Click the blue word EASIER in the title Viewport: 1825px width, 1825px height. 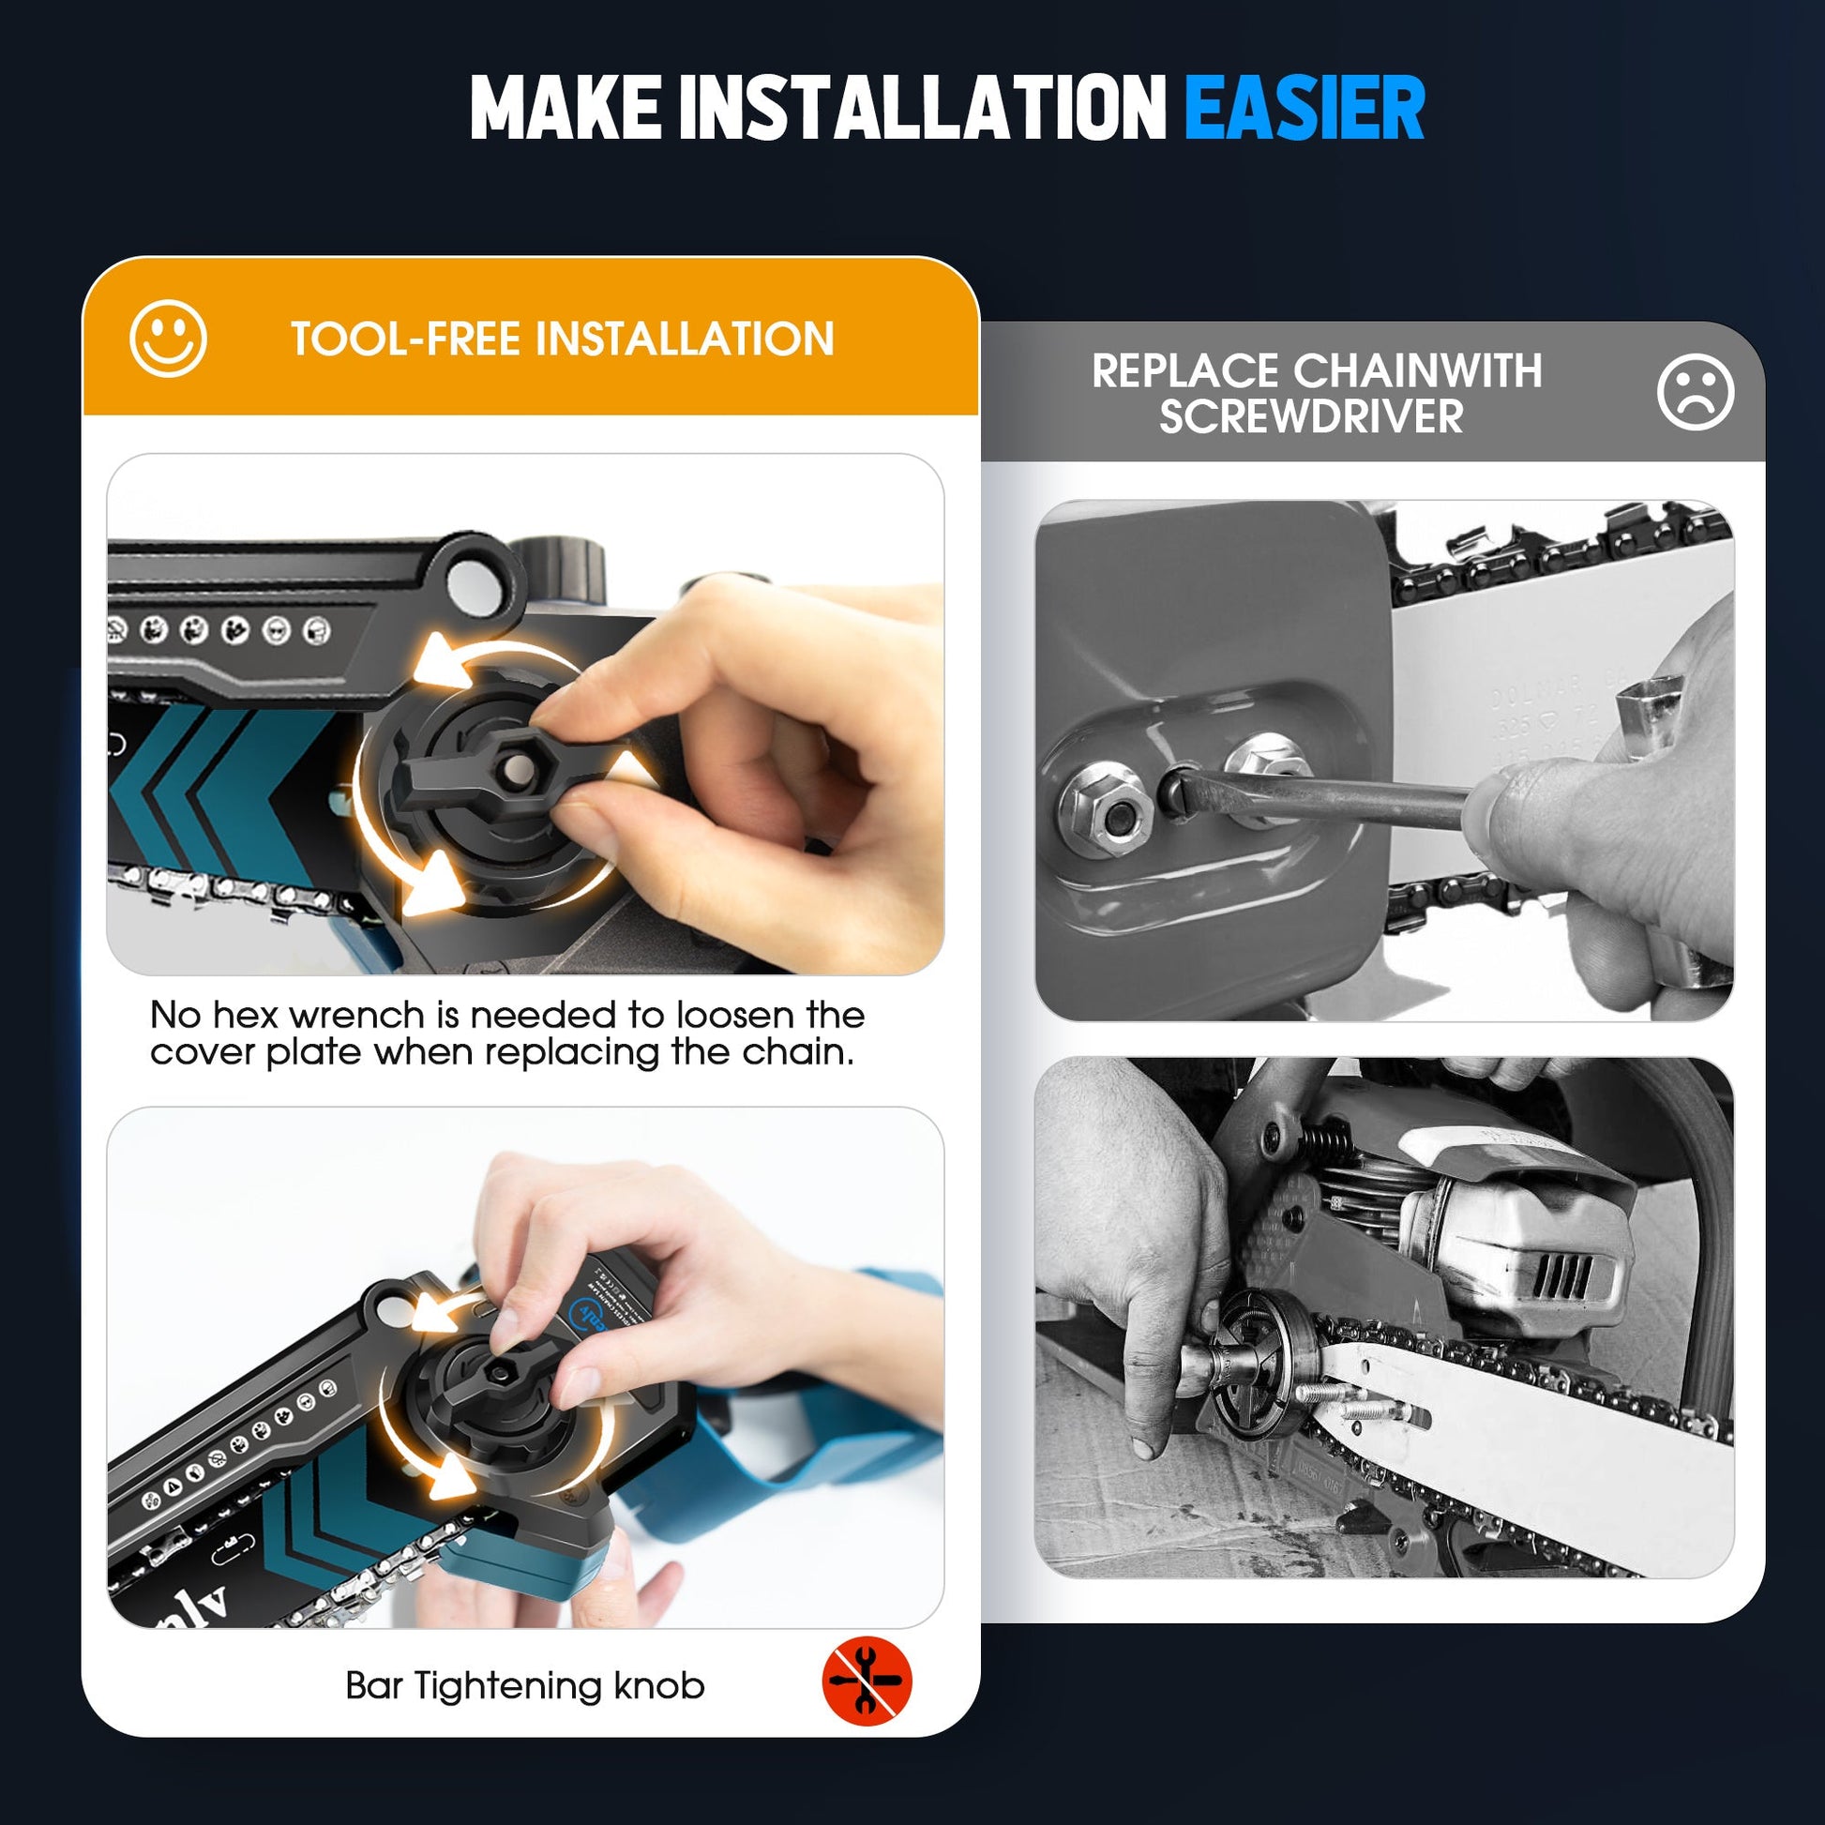[x=1304, y=109]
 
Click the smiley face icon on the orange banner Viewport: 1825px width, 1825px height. [x=168, y=339]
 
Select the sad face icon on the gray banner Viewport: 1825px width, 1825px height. [x=1695, y=392]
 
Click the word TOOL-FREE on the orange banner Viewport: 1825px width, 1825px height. [x=406, y=339]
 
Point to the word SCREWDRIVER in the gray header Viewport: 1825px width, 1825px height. [x=1311, y=416]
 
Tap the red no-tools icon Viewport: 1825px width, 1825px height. [x=867, y=1682]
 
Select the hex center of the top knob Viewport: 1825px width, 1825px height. [x=515, y=767]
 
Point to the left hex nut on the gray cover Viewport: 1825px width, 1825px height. [x=1105, y=809]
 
